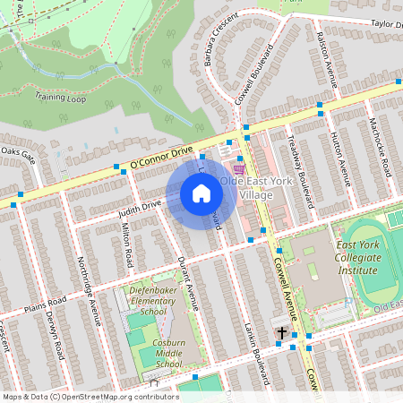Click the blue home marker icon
point(201,193)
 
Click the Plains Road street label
point(46,302)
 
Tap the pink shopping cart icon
point(238,167)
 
